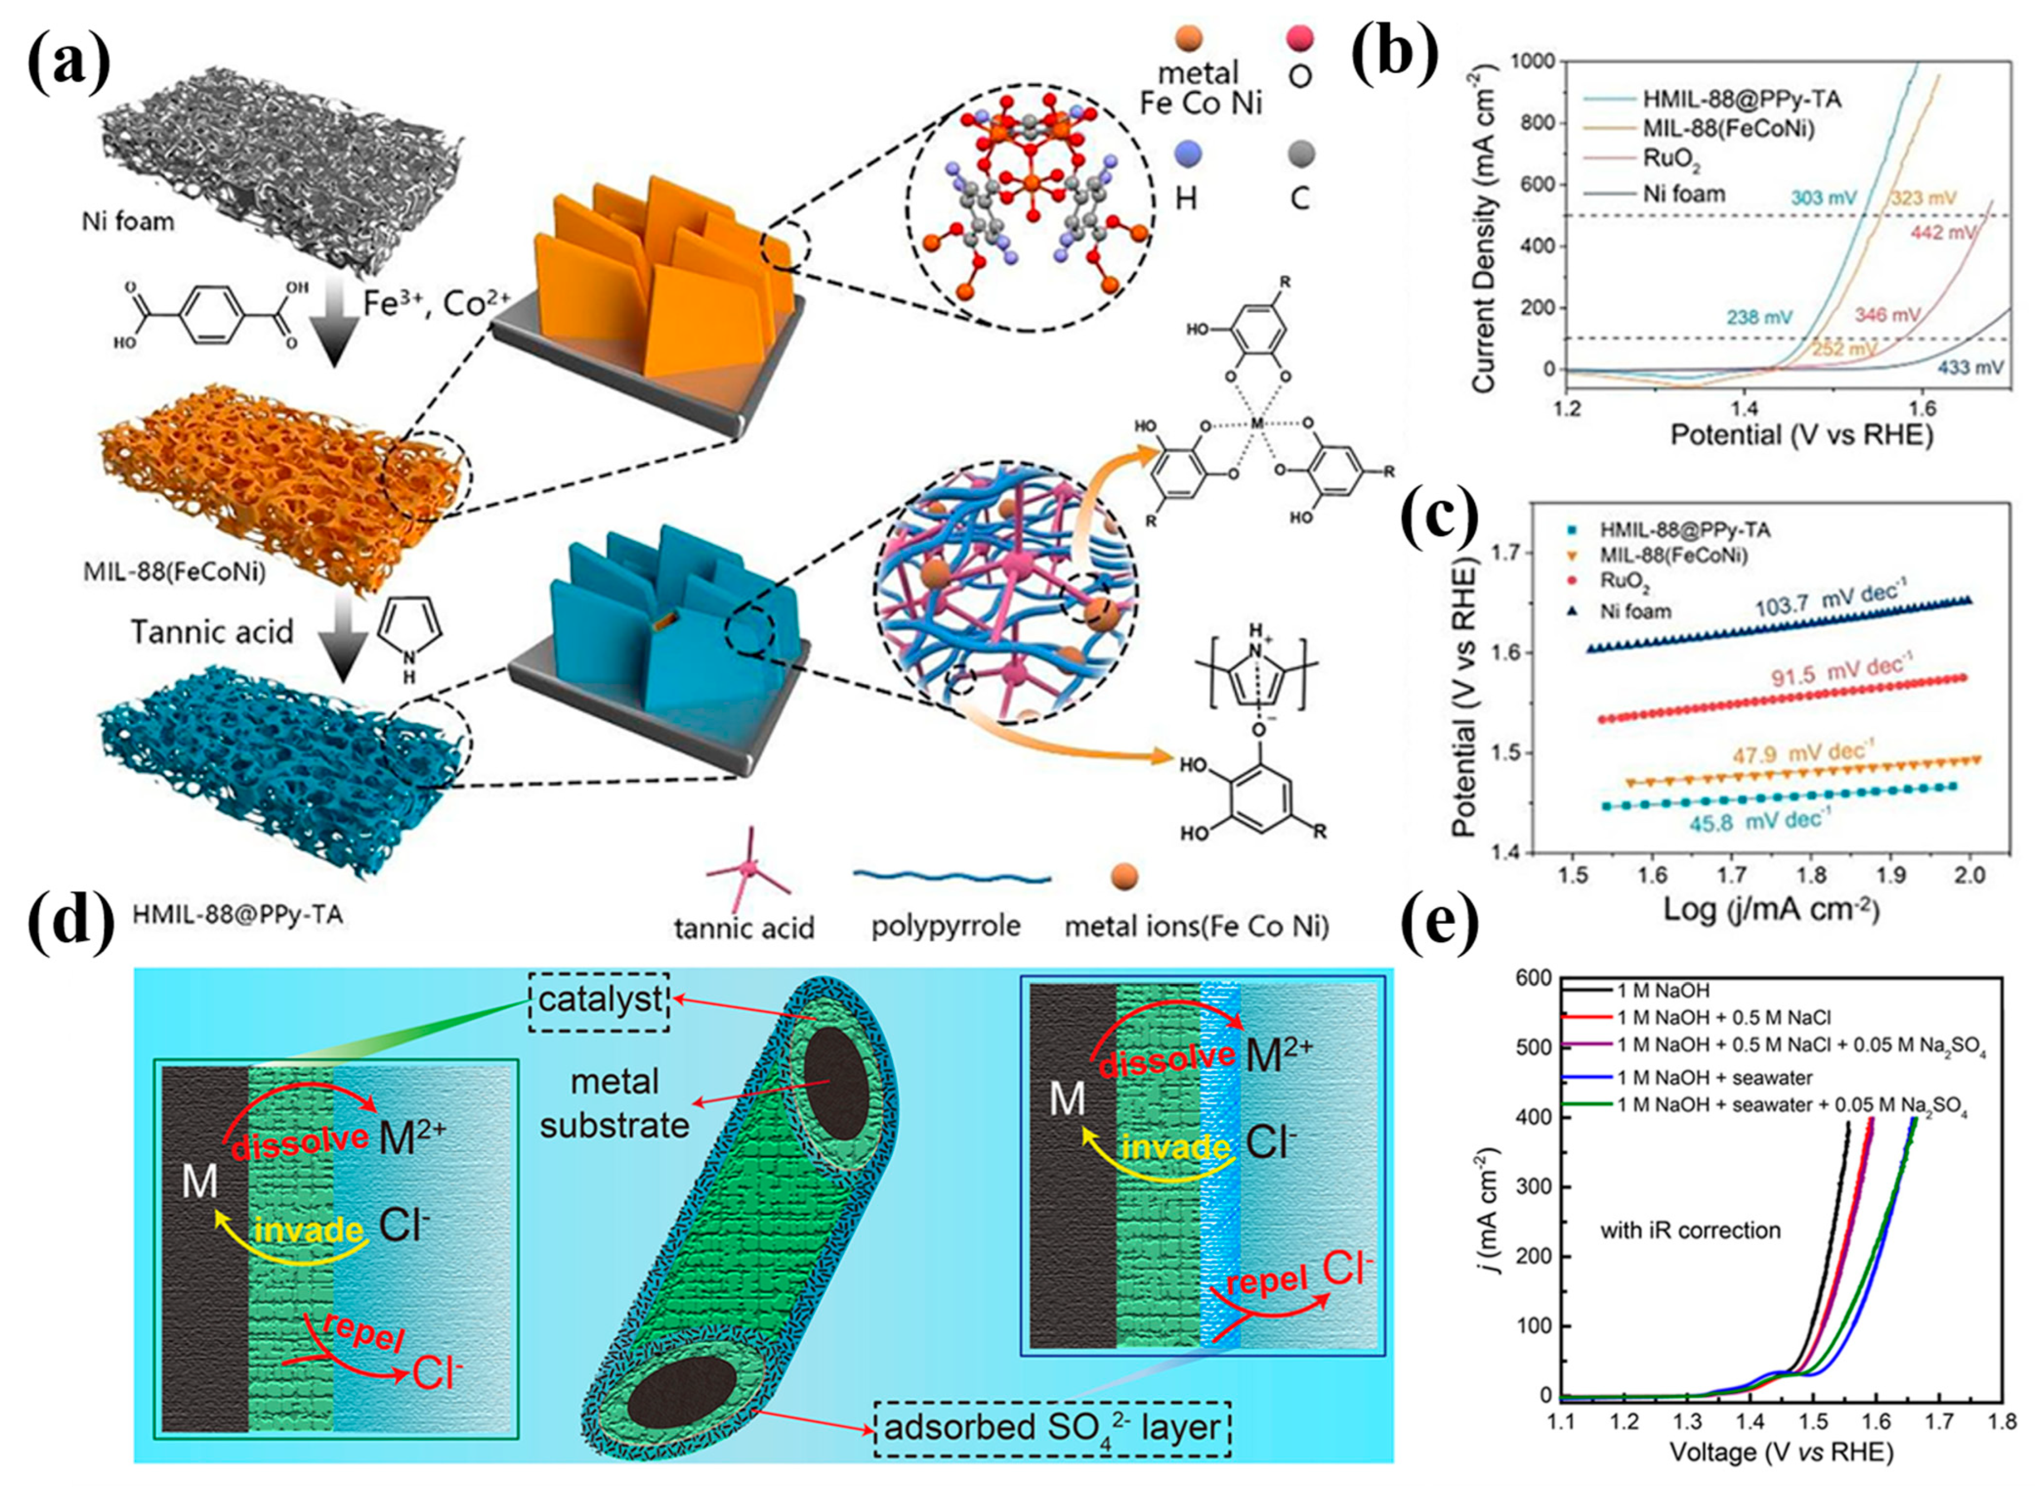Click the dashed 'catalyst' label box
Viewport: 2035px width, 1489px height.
tap(599, 1000)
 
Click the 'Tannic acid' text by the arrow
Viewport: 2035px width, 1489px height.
tap(212, 631)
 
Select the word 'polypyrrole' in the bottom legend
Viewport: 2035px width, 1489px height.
tap(946, 925)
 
